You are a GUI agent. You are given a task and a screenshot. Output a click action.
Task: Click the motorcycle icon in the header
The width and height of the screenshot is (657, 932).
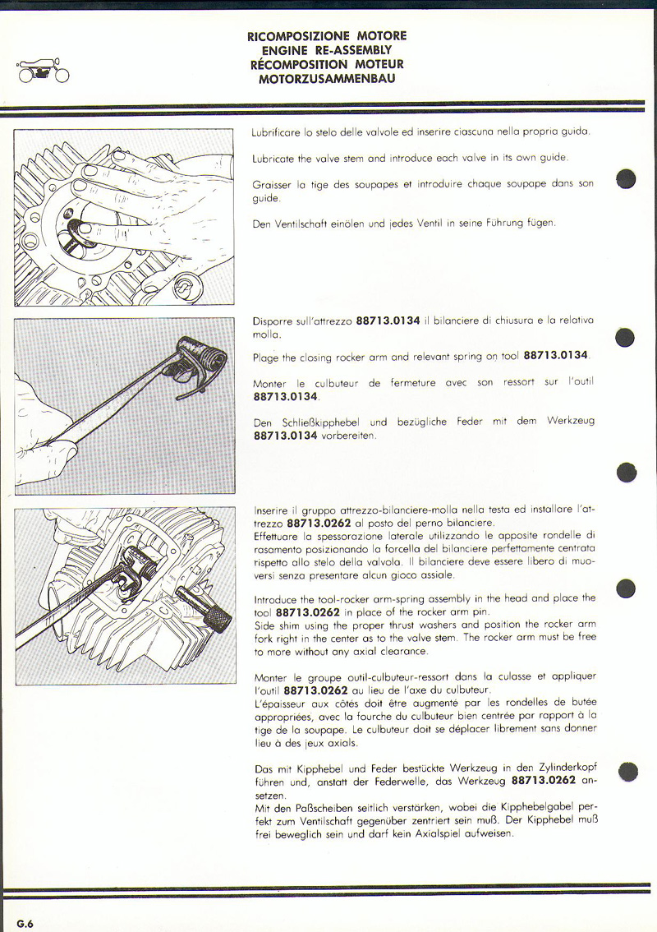point(43,72)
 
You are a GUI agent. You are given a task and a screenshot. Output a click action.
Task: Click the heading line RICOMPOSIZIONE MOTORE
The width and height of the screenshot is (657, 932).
point(327,36)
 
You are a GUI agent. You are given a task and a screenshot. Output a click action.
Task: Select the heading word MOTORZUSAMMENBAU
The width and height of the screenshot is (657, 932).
point(327,79)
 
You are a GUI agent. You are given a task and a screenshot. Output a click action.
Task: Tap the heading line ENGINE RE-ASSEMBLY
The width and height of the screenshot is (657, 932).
point(327,50)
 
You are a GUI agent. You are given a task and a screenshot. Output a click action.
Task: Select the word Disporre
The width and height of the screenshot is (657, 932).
point(274,321)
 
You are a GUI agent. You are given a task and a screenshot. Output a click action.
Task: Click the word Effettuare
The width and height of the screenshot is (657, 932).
point(279,536)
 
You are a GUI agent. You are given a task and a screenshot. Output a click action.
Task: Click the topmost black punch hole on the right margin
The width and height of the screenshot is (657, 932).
point(627,179)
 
